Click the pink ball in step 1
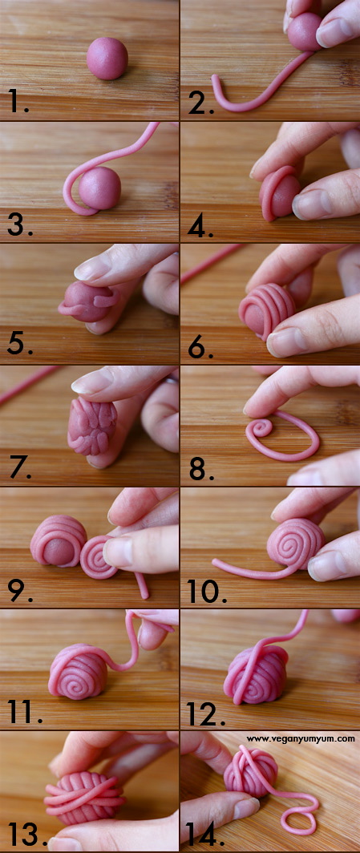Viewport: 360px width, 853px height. click(x=107, y=59)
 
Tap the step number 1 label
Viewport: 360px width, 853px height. click(x=18, y=102)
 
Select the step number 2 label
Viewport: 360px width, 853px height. click(x=197, y=102)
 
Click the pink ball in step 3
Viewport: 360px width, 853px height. click(x=100, y=188)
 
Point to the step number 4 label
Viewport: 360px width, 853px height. click(x=200, y=226)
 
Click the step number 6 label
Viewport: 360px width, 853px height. click(x=200, y=346)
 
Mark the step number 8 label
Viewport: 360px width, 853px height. click(x=200, y=468)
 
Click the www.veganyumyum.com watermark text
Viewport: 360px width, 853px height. click(x=300, y=739)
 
